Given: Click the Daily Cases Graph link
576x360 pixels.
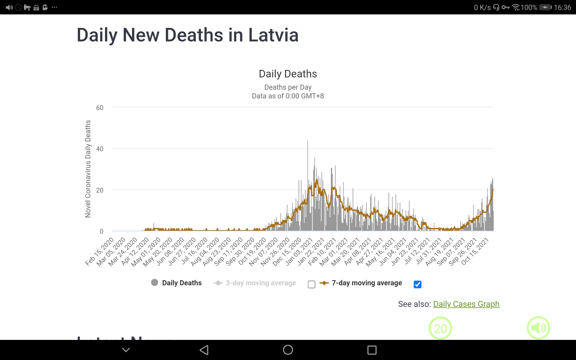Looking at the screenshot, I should click(466, 304).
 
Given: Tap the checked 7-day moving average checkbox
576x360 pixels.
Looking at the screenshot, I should click(417, 284).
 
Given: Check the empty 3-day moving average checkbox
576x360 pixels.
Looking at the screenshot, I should click(311, 284).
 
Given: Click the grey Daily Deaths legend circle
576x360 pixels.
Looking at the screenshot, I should click(154, 283).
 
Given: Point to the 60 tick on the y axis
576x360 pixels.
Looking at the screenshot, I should click(100, 108).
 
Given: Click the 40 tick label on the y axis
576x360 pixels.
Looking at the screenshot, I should click(100, 149).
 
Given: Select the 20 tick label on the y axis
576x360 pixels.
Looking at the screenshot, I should click(100, 190).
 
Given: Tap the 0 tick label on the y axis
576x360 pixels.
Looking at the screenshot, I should click(101, 231).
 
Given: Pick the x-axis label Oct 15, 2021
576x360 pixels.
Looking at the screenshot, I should click(475, 251).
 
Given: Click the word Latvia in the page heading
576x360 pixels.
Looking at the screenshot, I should click(273, 35).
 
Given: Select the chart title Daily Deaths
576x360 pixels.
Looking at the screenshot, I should click(288, 74).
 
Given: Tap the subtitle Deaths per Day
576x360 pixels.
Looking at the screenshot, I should click(288, 87).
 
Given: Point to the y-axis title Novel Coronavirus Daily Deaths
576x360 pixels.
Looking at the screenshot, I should click(88, 169).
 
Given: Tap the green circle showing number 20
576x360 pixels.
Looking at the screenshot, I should click(440, 328).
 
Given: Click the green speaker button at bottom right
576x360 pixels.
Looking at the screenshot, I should click(538, 328).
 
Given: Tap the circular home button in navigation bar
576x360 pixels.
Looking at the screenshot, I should click(288, 350).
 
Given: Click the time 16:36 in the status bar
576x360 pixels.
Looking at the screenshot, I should click(562, 7).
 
